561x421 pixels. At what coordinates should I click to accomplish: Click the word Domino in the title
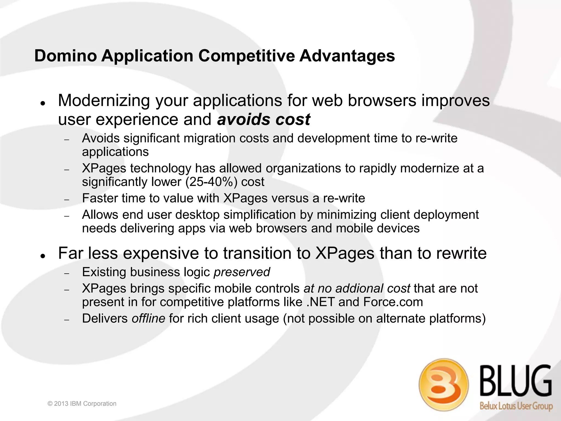[x=65, y=56]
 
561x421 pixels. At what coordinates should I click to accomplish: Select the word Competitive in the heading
[x=246, y=56]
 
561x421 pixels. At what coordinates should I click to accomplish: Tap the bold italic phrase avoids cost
[x=264, y=120]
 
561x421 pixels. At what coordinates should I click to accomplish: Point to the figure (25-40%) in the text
[x=211, y=182]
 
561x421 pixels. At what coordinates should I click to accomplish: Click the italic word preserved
[x=242, y=272]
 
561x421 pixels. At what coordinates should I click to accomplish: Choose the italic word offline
[x=148, y=319]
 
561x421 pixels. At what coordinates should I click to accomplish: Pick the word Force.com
[x=393, y=302]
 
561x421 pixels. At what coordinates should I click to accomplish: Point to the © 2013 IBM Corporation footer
[x=82, y=403]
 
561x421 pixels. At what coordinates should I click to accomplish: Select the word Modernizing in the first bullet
[x=104, y=101]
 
